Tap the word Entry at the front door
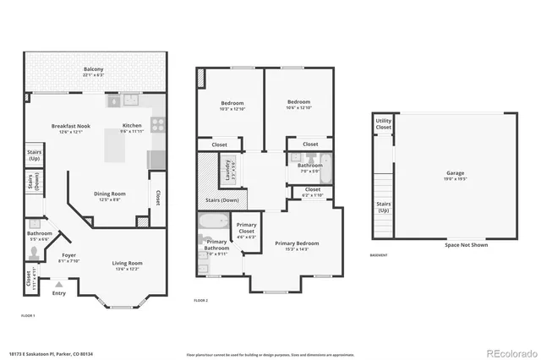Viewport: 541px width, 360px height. (58, 293)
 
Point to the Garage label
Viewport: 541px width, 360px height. (455, 176)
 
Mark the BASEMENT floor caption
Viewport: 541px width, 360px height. (380, 256)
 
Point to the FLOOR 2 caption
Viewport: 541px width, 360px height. (200, 301)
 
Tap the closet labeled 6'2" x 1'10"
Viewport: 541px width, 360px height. (312, 193)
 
